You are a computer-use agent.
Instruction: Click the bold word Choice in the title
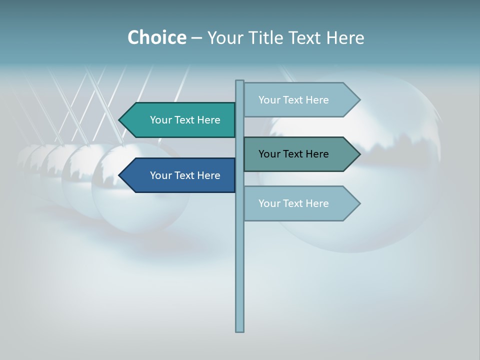click(x=156, y=37)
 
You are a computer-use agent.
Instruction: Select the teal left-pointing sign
click(x=180, y=120)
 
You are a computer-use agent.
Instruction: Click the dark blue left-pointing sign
click(x=180, y=175)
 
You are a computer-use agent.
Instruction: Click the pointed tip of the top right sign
click(x=358, y=100)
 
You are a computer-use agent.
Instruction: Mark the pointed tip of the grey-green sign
click(x=358, y=154)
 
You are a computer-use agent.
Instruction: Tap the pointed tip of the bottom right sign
click(x=358, y=203)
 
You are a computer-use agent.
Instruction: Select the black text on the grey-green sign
click(x=293, y=154)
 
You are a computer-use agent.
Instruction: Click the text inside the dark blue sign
click(x=185, y=175)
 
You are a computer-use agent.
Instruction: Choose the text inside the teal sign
click(x=185, y=120)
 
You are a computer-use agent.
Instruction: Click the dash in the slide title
click(x=196, y=38)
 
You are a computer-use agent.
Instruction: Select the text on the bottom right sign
click(x=293, y=203)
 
